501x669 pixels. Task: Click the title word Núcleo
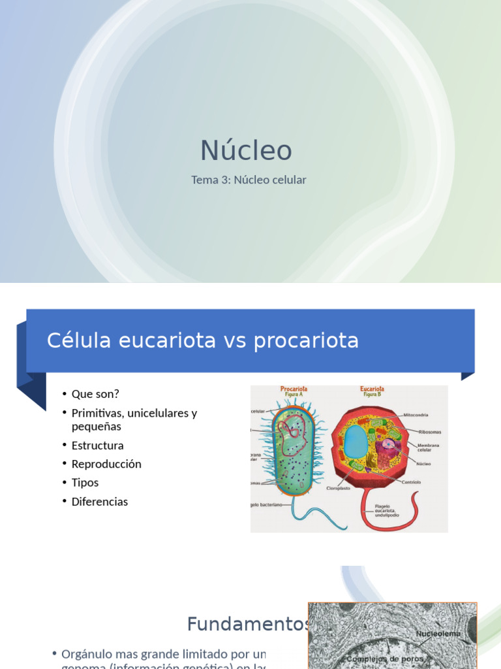(246, 151)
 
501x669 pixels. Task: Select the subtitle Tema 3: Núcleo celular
(249, 180)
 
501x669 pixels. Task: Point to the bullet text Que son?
(95, 394)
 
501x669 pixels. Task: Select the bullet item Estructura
(97, 446)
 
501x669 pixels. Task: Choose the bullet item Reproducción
(106, 464)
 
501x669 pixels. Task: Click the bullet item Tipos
(85, 483)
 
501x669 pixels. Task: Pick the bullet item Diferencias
(99, 502)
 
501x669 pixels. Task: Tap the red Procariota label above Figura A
(294, 389)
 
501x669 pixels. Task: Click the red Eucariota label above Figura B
(372, 389)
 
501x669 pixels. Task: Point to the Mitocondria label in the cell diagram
(416, 415)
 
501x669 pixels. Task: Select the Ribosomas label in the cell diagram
(429, 431)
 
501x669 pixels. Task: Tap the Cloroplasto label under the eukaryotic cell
(339, 487)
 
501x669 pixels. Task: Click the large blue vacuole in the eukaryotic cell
(356, 442)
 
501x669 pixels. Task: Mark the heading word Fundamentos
(247, 624)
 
